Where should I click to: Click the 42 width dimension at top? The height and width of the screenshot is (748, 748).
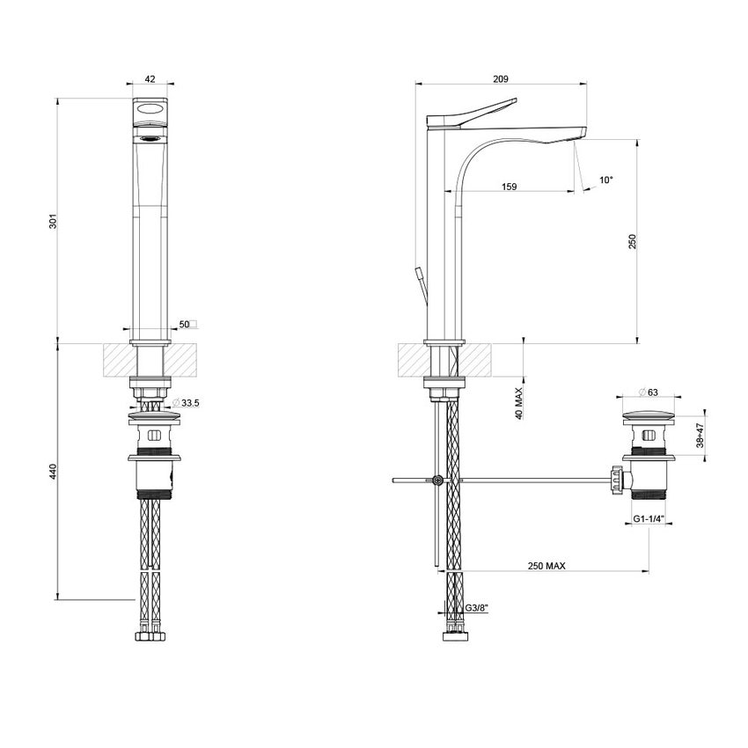[x=150, y=79]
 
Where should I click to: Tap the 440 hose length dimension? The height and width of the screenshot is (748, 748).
[x=52, y=472]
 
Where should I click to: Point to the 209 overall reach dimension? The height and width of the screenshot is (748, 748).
[x=501, y=79]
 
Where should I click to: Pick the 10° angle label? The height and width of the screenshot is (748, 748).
[x=605, y=180]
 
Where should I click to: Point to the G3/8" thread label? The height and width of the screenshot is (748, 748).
[x=477, y=608]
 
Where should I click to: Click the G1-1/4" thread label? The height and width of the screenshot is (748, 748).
[x=649, y=521]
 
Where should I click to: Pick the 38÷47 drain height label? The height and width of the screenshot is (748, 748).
[x=700, y=436]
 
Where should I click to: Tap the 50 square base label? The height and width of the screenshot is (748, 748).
[x=187, y=324]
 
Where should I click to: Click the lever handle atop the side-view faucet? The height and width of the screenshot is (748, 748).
[x=471, y=112]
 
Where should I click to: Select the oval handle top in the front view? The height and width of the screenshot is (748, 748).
[x=150, y=110]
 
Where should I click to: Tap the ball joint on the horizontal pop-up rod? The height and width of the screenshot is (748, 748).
[x=437, y=480]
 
